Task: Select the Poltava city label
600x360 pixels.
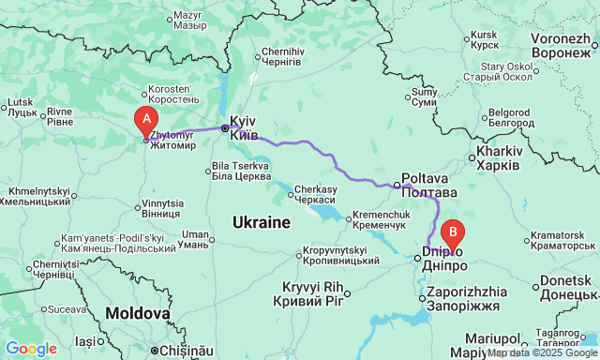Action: click(x=424, y=184)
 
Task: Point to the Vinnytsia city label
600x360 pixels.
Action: click(x=162, y=208)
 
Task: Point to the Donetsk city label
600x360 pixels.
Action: click(x=565, y=288)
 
